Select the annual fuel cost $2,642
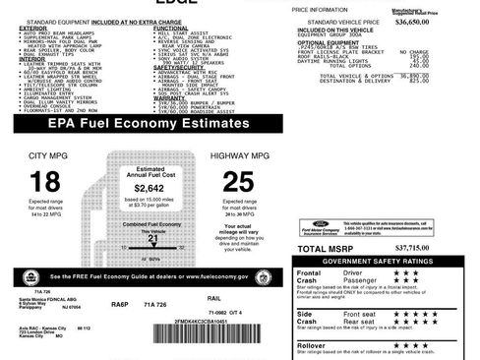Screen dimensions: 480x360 point(149,188)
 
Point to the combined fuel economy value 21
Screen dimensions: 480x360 point(152,238)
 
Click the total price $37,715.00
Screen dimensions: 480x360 point(439,248)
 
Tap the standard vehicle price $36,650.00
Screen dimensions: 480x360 point(446,21)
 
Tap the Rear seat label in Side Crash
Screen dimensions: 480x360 point(361,321)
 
